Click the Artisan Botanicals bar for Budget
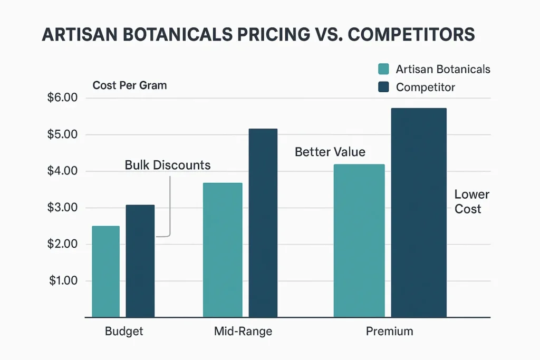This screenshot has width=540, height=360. click(105, 271)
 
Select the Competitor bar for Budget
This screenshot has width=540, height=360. click(140, 261)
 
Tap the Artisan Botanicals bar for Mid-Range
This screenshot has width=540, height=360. click(223, 250)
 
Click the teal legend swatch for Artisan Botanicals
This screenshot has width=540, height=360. click(384, 69)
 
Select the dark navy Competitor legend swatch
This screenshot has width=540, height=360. click(384, 87)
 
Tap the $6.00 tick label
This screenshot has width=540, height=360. click(63, 98)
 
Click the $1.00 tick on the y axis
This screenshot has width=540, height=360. click(63, 280)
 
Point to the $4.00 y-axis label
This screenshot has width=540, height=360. click(63, 171)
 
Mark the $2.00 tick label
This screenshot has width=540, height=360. click(63, 244)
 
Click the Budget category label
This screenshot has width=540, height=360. click(124, 332)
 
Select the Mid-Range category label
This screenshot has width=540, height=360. click(243, 332)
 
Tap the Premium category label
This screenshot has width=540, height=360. click(390, 332)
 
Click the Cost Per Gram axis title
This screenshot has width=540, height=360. click(129, 85)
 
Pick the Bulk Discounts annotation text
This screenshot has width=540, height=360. click(168, 165)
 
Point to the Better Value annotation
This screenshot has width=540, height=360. click(330, 152)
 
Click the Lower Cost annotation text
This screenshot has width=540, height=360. click(471, 201)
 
